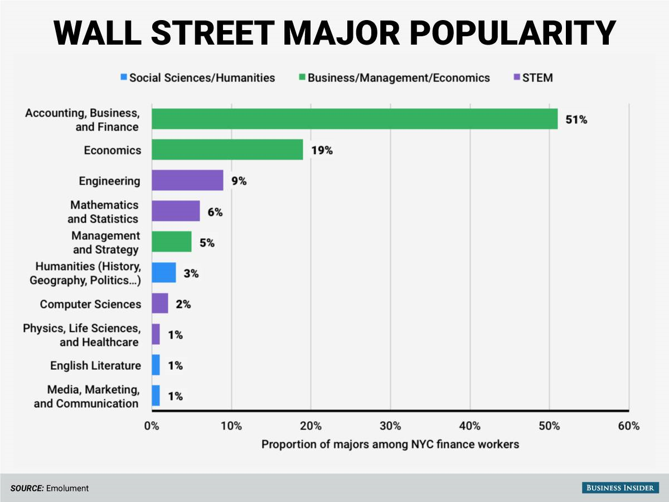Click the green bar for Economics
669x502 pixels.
point(227,150)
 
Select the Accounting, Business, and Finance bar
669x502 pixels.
point(355,119)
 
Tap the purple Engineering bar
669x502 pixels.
point(187,181)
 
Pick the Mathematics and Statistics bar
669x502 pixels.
point(176,211)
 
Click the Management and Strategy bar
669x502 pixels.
point(172,242)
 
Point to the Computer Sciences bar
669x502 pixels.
point(160,303)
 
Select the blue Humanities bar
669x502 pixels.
point(164,273)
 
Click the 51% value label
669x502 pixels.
point(576,119)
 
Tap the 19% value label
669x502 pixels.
point(322,151)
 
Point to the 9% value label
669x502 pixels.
point(239,181)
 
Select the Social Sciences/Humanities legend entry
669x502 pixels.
point(197,78)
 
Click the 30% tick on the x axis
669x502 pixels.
point(390,427)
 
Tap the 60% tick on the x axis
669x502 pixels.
point(629,427)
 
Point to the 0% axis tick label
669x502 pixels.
point(152,427)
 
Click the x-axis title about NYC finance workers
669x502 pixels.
point(390,445)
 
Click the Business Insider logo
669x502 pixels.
point(619,488)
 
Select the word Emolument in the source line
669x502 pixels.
point(67,488)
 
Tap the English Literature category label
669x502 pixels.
point(95,365)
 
